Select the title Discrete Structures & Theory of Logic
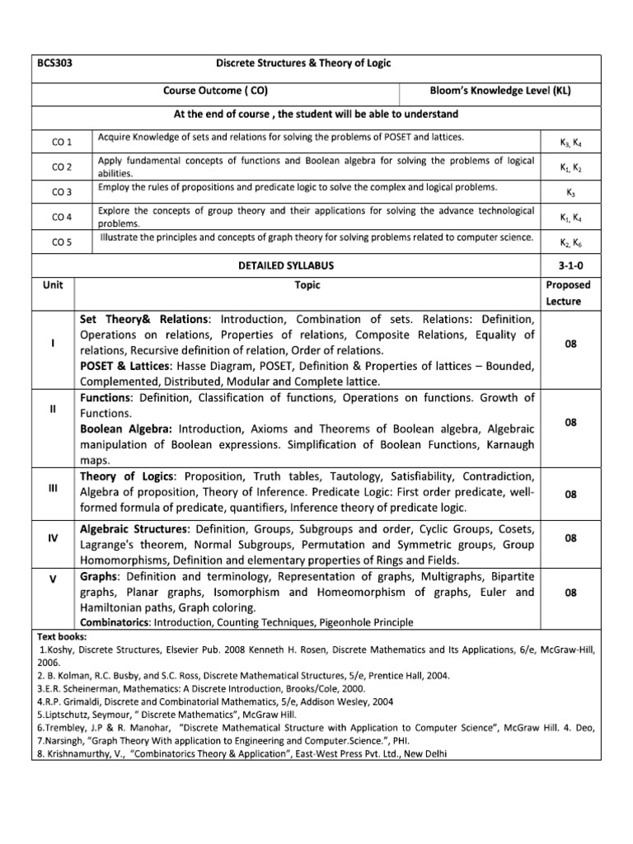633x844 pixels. tap(315, 63)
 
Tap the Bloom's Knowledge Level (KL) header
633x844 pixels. tap(500, 91)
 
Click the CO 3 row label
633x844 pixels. tap(63, 192)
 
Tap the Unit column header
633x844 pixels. tap(53, 285)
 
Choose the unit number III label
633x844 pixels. tap(53, 488)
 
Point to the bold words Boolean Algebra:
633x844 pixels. tap(126, 429)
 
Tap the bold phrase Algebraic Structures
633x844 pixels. tap(134, 528)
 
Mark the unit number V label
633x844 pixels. tap(53, 579)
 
